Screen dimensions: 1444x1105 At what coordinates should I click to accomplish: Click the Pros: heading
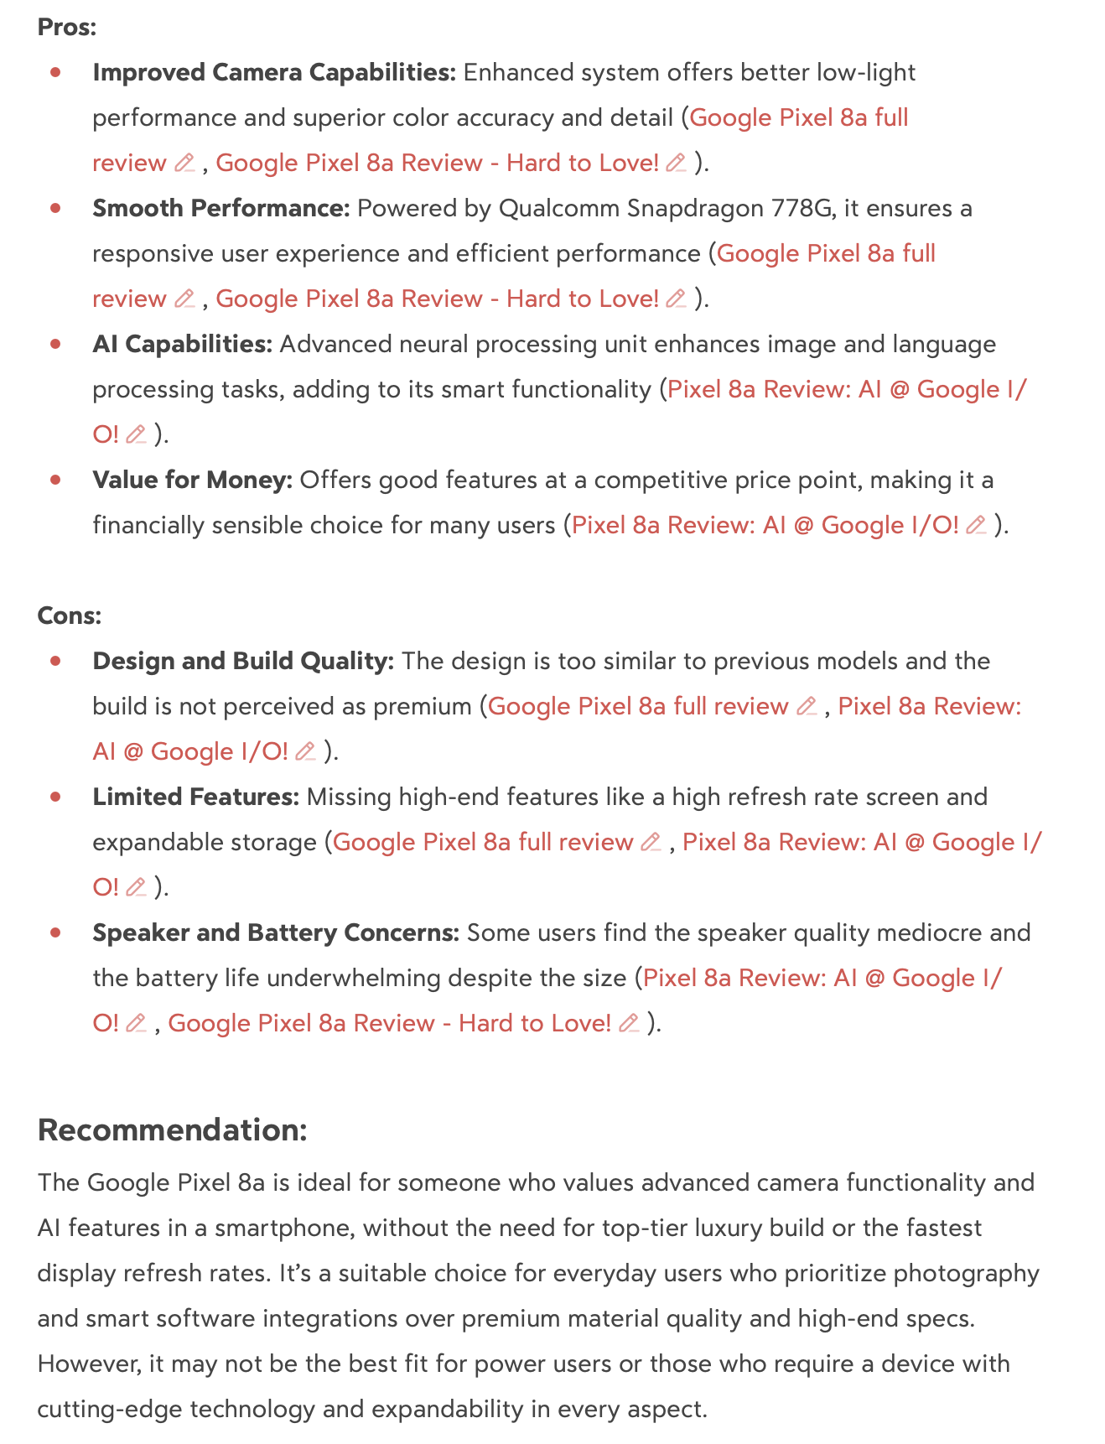coord(67,28)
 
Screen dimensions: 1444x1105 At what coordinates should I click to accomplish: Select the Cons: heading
coord(70,616)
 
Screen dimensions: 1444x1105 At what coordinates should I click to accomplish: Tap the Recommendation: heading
coord(173,1130)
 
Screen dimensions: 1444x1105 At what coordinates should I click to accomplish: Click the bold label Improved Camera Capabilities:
coord(274,73)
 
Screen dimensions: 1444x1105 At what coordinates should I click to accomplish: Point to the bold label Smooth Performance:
coord(221,209)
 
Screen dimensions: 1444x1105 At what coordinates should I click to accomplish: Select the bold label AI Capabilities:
coord(183,345)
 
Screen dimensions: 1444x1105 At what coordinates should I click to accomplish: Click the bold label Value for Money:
coord(193,480)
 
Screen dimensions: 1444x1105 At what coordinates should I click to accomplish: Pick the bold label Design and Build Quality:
coord(243,662)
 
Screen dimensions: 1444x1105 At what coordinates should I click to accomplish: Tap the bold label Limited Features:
coord(196,797)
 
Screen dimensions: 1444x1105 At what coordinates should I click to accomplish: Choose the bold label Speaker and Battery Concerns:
coord(276,933)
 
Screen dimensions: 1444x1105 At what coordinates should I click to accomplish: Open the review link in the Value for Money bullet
coord(764,526)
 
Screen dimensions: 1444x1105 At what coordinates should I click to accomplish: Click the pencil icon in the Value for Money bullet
coord(976,526)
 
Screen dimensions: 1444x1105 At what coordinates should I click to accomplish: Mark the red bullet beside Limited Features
coord(56,797)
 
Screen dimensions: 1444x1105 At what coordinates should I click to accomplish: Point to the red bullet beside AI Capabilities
coord(56,345)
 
